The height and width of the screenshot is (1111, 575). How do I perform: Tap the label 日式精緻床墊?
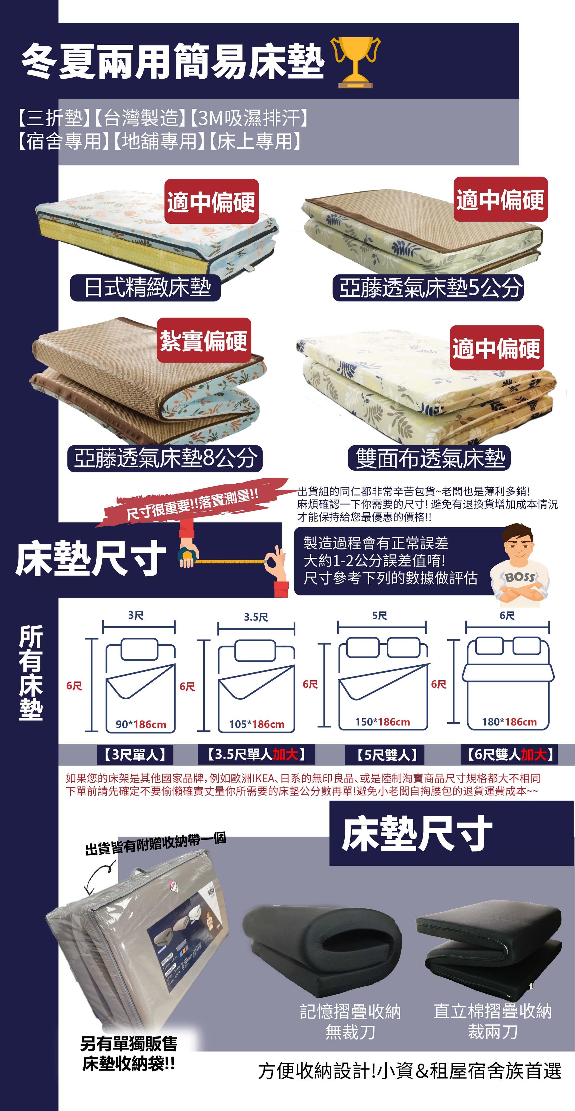coord(145,287)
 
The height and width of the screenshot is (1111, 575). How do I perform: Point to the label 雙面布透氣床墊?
coord(429,458)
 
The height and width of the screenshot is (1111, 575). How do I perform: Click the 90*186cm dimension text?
coord(141,724)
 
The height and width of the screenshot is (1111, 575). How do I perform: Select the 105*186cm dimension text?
coord(257,724)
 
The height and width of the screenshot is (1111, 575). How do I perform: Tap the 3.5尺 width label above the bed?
coord(256,617)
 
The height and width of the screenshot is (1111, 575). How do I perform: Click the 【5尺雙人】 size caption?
coord(385,755)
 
